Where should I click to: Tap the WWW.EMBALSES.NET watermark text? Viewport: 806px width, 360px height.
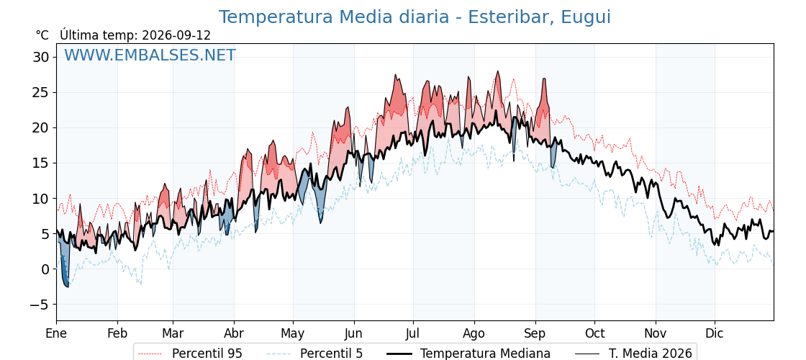click(x=150, y=55)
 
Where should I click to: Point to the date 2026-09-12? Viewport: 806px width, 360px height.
click(x=176, y=35)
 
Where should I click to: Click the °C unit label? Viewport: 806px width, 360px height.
click(x=42, y=35)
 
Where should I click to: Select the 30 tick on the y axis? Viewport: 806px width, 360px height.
click(x=40, y=57)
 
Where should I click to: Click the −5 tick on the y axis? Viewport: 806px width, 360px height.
click(x=38, y=305)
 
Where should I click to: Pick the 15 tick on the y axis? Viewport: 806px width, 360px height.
click(x=40, y=163)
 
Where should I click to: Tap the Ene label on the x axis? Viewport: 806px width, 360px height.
click(x=57, y=334)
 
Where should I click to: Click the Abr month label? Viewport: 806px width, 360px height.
click(x=234, y=334)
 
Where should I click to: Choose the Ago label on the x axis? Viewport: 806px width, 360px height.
click(x=474, y=334)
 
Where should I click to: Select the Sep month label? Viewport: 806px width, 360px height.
click(x=535, y=334)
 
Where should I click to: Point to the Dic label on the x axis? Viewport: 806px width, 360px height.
click(x=715, y=334)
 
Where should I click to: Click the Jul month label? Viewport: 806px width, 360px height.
click(x=413, y=334)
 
